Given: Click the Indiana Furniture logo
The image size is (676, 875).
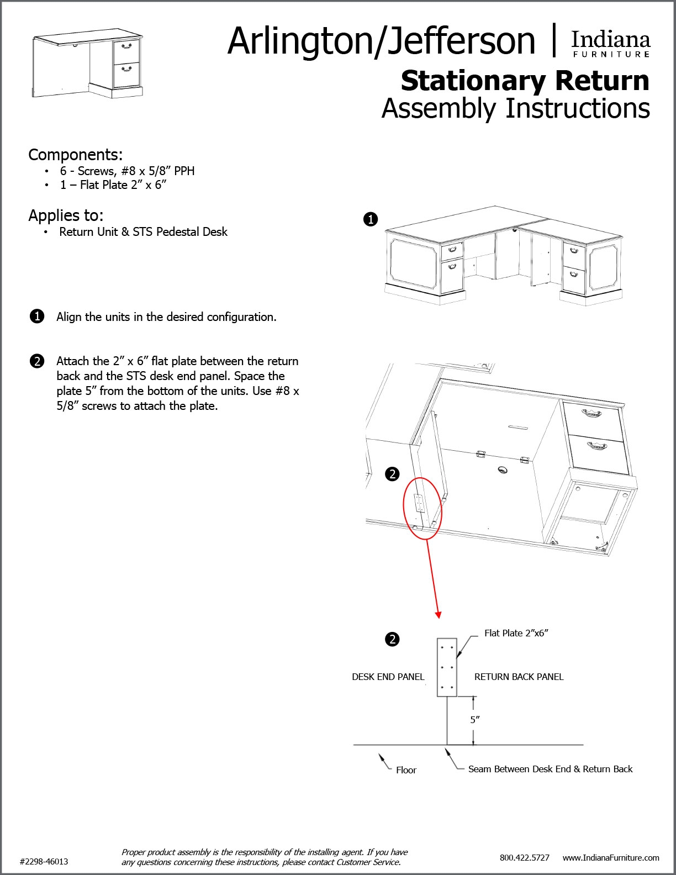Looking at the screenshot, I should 610,44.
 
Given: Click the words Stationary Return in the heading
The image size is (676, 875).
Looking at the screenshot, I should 525,81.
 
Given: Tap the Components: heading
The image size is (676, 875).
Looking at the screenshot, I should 76,154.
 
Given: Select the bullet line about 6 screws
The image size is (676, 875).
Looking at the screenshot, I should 127,171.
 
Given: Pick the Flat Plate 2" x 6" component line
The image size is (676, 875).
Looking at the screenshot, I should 113,185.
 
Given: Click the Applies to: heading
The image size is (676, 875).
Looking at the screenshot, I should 66,215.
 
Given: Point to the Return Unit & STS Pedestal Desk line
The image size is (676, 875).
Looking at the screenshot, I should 143,232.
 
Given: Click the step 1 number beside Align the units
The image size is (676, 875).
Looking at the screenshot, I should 36,317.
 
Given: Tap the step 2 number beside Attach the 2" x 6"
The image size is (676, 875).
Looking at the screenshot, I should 36,361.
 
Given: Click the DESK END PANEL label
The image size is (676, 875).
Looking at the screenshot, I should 388,677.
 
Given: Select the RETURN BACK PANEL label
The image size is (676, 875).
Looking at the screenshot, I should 519,677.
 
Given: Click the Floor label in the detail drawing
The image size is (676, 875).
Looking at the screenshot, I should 406,770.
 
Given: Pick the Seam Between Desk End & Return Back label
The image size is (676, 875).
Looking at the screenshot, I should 550,769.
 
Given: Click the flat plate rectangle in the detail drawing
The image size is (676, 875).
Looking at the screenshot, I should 447,667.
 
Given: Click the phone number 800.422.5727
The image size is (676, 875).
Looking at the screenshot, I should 524,857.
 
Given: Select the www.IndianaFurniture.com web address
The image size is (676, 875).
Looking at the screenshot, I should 611,857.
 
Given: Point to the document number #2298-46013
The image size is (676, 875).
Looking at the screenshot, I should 44,861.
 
